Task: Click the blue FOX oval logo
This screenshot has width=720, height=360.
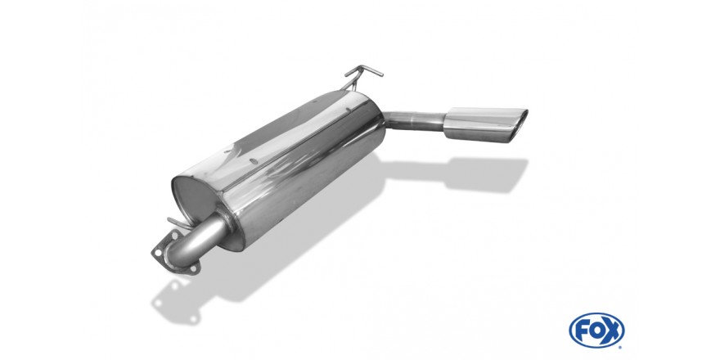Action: tap(596, 331)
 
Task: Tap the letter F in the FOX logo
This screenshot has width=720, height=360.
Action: tap(583, 331)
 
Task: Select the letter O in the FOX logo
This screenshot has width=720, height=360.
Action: tap(596, 331)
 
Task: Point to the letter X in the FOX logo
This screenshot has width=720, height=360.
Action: tap(612, 331)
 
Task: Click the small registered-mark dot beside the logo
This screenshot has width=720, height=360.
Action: tap(621, 347)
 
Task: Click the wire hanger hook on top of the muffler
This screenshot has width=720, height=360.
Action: tap(361, 76)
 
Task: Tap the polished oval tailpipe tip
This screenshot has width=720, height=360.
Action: tap(485, 124)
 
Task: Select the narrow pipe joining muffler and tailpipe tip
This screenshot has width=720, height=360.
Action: tap(413, 120)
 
